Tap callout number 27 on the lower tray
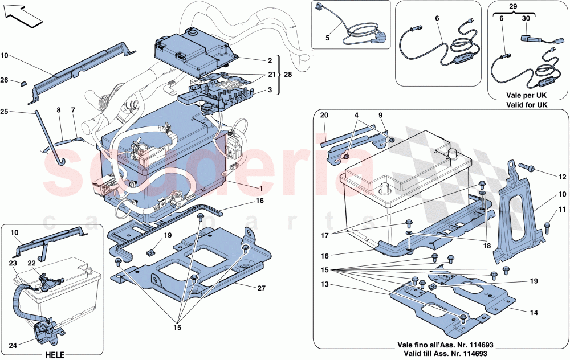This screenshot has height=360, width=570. point(262,289)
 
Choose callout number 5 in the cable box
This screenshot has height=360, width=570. point(328,39)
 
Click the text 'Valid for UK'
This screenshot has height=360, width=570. point(526,105)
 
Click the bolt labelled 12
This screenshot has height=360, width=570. point(527,167)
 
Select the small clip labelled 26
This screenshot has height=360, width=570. point(25,83)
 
